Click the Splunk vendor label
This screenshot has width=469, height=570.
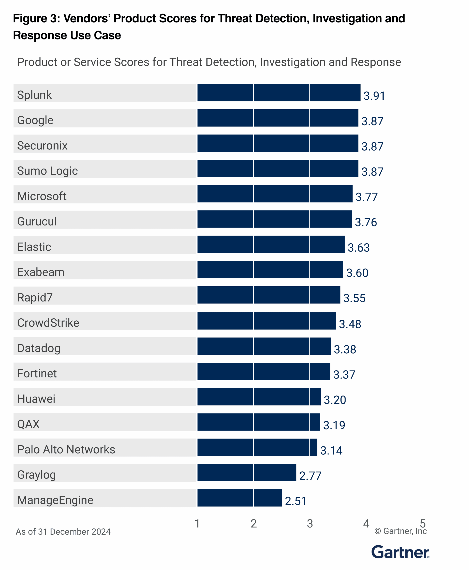pos(34,95)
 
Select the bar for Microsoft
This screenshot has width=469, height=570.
pos(275,194)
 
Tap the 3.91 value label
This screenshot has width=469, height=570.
pos(374,96)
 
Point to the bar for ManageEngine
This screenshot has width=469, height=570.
pos(239,498)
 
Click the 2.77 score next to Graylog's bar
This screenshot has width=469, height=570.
pos(310,476)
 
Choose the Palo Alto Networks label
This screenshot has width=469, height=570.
pos(66,449)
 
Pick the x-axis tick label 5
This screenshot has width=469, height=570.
pos(423,523)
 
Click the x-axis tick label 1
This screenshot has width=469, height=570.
pos(197,523)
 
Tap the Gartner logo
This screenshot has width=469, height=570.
pos(400,552)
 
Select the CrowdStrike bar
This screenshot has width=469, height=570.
pos(267,321)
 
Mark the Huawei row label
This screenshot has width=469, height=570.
pos(36,399)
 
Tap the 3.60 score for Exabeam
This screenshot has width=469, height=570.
pos(357,273)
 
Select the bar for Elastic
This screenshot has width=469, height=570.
pos(271,244)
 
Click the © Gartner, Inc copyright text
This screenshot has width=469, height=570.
pos(400,531)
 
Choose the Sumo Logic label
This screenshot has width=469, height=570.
pos(48,171)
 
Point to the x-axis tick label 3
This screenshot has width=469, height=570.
pos(310,523)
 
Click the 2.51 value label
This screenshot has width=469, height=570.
pos(296,501)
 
